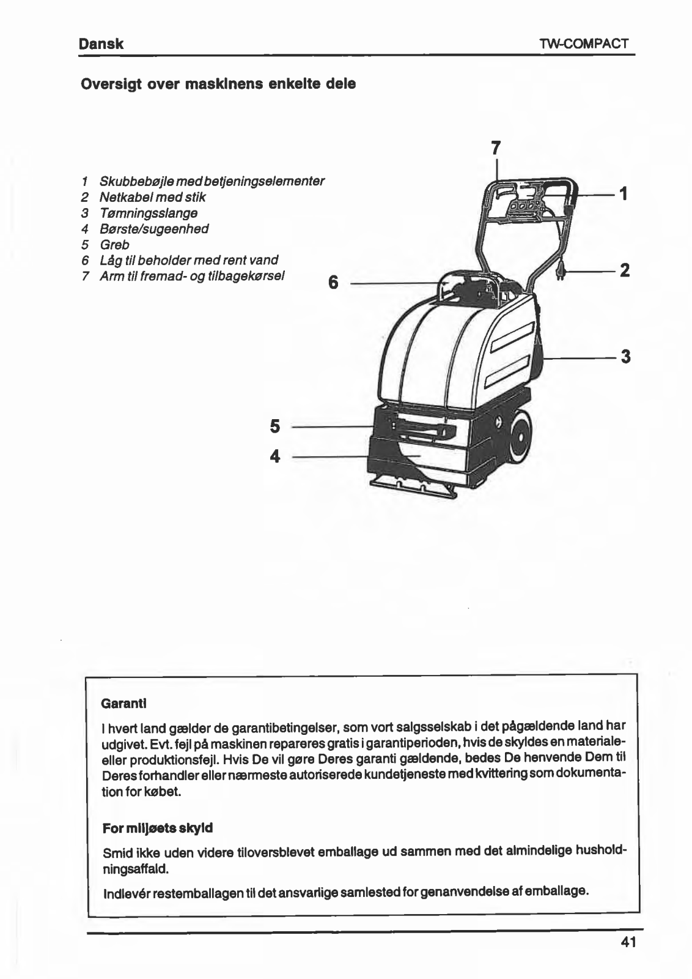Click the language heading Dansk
101,44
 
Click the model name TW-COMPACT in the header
584,44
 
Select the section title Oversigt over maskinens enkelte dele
218,84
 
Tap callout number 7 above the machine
496,148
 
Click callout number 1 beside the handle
623,194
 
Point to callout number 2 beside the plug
624,270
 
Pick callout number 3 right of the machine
625,356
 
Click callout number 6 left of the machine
333,283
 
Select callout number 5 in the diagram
275,426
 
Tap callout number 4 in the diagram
275,456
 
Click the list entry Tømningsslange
148,213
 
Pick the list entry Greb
114,245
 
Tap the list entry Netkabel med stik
152,197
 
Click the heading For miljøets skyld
158,828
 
